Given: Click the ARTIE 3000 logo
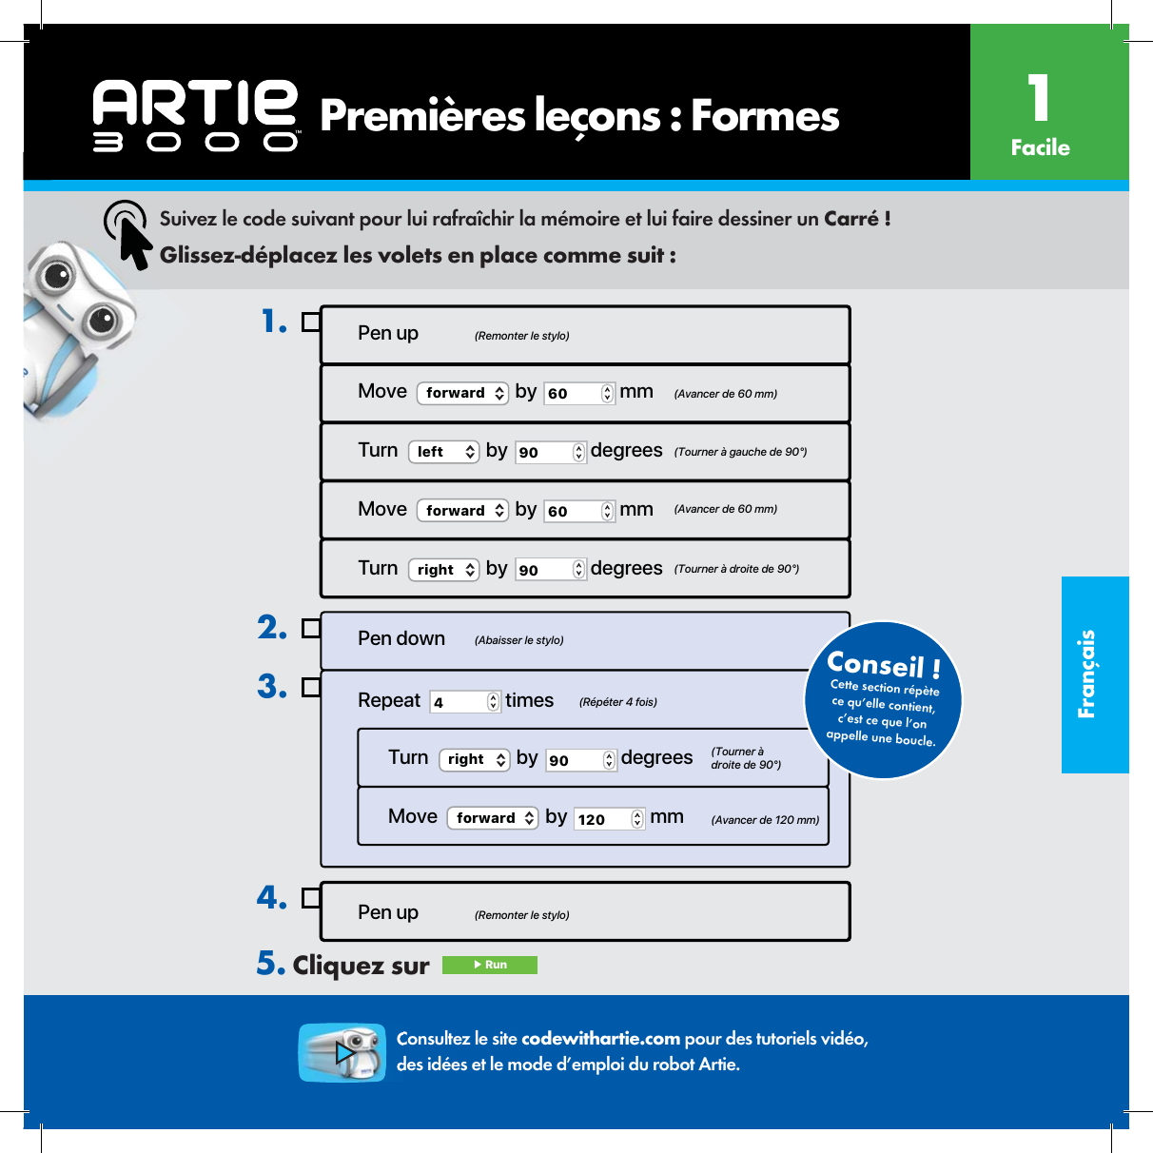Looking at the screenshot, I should [196, 115].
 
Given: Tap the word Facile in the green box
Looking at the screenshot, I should [1040, 147].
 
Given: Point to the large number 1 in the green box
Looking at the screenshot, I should [1039, 98].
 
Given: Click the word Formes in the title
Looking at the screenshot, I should [765, 116].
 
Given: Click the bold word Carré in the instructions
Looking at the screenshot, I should [851, 219].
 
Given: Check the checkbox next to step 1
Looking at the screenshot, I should [310, 322].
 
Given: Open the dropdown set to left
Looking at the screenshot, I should [443, 452].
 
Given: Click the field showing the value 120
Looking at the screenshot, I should [609, 819].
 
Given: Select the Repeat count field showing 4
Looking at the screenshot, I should [464, 702].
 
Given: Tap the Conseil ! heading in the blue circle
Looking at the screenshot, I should [884, 664].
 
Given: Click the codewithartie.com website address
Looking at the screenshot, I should [600, 1039].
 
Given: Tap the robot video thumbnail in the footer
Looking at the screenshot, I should [342, 1052].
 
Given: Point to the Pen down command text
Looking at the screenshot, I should [401, 639].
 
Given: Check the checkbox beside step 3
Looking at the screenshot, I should [310, 687].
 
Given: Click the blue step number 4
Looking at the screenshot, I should [271, 897].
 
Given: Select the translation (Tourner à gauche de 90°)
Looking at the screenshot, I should [740, 452].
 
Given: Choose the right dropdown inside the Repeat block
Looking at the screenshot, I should [474, 759].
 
